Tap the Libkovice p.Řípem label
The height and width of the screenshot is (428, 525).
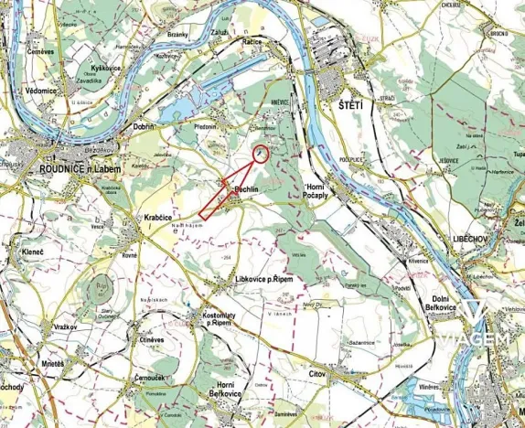tap(269, 278)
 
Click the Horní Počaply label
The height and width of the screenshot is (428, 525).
tap(321, 192)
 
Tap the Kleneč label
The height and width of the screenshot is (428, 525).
tap(28, 250)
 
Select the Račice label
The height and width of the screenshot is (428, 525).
tap(253, 41)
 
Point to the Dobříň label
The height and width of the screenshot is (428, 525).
tap(144, 127)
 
